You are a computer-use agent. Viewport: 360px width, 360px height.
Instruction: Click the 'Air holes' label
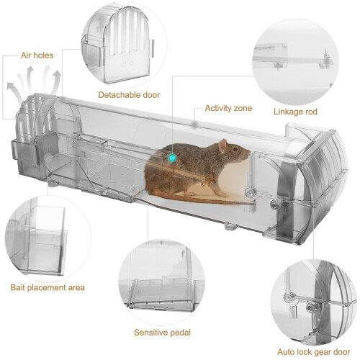(37, 55)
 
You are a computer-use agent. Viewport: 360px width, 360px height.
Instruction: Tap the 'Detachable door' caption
(129, 95)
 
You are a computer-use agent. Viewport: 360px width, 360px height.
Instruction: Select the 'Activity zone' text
(228, 108)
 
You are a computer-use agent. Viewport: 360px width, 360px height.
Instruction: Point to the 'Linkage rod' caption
(295, 112)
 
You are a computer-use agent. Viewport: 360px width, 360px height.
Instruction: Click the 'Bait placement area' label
(48, 287)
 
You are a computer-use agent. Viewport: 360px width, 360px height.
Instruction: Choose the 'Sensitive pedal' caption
(162, 333)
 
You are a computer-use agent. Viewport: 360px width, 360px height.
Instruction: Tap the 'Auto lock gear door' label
(313, 352)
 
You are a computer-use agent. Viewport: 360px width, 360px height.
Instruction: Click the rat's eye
(235, 149)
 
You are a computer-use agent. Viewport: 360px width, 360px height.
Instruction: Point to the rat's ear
(222, 145)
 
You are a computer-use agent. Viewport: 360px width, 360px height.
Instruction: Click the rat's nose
(249, 153)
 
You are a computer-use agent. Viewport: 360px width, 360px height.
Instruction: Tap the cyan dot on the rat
(173, 158)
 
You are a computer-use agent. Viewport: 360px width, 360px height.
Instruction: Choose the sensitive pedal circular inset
(162, 282)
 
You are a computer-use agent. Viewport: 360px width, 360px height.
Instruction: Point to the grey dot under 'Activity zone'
(194, 125)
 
